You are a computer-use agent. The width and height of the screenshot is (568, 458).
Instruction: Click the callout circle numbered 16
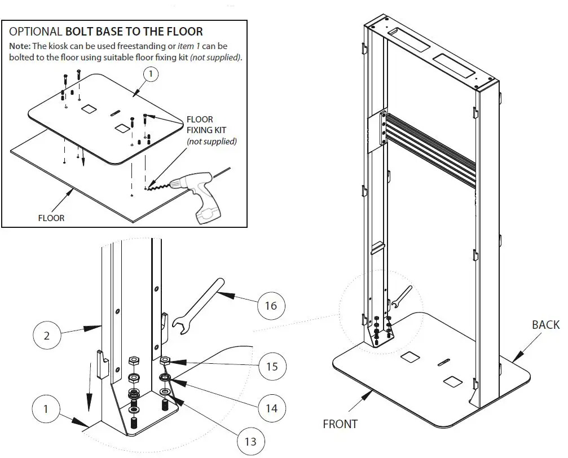270,306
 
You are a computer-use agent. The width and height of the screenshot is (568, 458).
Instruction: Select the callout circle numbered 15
271,366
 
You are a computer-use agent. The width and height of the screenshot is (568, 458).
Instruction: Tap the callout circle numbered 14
271,407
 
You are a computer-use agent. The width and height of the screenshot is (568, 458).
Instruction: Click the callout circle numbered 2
46,336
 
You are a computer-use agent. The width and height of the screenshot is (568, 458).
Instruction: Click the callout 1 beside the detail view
46,409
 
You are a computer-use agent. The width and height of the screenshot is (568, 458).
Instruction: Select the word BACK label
545,325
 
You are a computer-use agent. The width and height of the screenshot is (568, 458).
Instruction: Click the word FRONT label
340,424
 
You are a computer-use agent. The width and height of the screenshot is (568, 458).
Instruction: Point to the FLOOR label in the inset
51,218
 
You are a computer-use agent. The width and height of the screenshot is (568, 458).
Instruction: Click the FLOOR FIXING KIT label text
200,125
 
